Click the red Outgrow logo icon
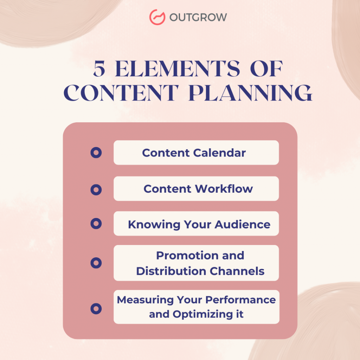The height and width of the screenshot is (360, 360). pos(157,17)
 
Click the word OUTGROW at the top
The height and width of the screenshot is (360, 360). pos(198,17)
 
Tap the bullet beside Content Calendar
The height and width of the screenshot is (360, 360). pos(96,153)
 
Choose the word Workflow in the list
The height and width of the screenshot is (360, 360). pos(224,189)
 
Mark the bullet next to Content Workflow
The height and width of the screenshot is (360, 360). pos(96,190)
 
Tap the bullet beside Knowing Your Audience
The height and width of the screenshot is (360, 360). pos(96,223)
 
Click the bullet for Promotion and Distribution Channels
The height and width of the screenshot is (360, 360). pos(96,263)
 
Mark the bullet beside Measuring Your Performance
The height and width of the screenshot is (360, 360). pos(96,309)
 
